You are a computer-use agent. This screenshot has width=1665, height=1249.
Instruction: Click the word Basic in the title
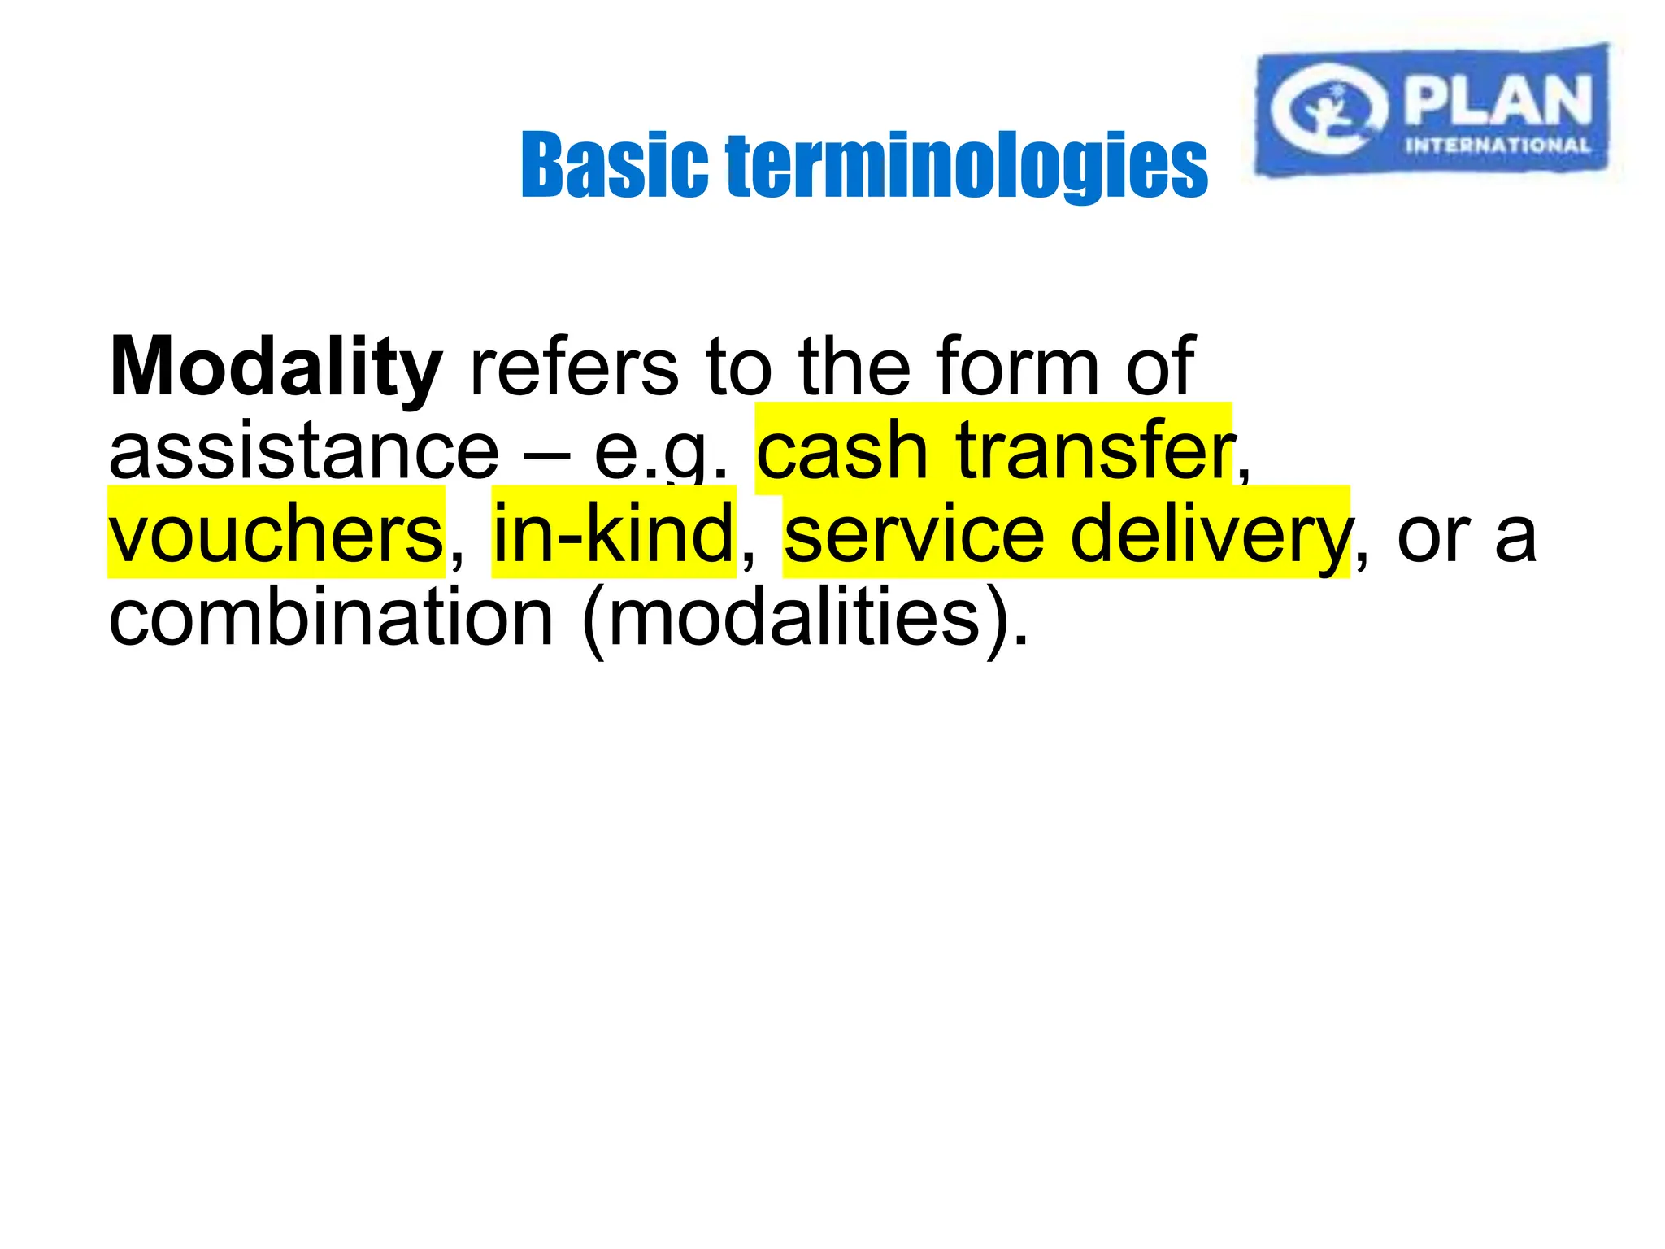(614, 166)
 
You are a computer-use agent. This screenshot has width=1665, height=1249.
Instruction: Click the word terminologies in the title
(967, 166)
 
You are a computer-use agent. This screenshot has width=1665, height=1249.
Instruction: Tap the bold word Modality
(276, 368)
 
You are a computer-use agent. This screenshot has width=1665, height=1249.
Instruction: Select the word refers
(574, 368)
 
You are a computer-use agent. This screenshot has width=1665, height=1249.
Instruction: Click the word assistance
(303, 451)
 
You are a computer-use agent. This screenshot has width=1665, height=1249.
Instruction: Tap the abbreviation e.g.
(660, 451)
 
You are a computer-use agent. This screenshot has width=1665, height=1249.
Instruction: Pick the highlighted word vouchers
(276, 534)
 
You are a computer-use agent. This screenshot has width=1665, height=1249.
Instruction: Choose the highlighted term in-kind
(614, 534)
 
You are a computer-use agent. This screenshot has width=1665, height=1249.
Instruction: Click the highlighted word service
(914, 534)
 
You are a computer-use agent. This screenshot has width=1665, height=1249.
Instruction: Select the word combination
(331, 618)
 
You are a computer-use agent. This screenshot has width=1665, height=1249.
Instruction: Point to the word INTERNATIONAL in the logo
(1498, 146)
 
